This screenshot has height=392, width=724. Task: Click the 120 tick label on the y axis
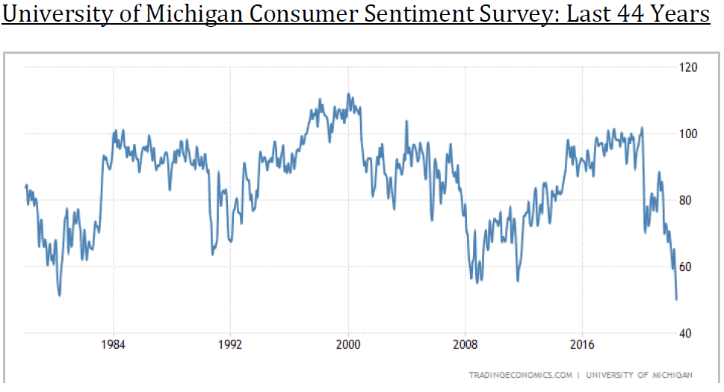click(x=687, y=67)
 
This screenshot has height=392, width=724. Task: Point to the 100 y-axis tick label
click(x=687, y=134)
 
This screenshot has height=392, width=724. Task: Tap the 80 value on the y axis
click(x=687, y=200)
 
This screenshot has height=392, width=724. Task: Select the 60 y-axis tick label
click(x=687, y=267)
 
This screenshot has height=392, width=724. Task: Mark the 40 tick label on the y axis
click(x=687, y=333)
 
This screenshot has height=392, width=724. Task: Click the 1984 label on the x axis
click(x=114, y=346)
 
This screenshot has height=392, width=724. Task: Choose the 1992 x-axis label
click(x=230, y=346)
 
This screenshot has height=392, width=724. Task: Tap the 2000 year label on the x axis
click(x=348, y=346)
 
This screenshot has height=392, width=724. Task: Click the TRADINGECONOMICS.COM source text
click(x=522, y=375)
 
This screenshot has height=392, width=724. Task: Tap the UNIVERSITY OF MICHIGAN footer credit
click(x=640, y=375)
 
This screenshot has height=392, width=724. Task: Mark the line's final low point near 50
click(x=676, y=299)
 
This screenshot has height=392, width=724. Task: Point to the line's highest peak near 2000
click(x=348, y=94)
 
